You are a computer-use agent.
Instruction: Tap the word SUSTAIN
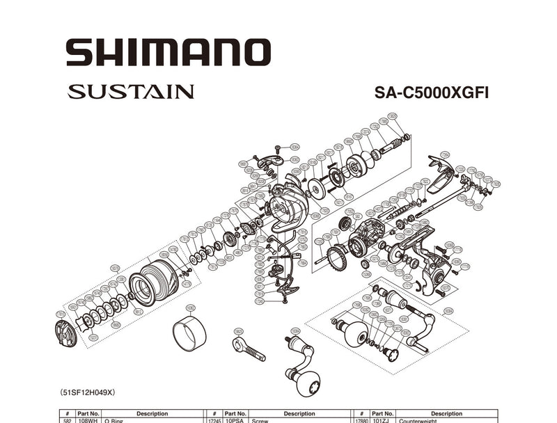pos(131,92)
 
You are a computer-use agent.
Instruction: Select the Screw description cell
pos(261,420)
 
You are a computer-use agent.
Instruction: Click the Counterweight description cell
pos(418,420)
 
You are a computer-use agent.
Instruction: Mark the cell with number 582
pos(66,420)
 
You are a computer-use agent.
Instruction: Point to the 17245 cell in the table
pos(214,420)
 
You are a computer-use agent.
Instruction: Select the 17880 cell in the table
pos(361,420)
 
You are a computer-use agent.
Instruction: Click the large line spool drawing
pos(152,282)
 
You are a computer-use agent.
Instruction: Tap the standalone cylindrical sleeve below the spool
pos(189,333)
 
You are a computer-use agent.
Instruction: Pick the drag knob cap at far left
pos(65,334)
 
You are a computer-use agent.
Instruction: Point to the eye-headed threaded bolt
pos(248,346)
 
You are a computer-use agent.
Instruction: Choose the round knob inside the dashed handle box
pos(356,337)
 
